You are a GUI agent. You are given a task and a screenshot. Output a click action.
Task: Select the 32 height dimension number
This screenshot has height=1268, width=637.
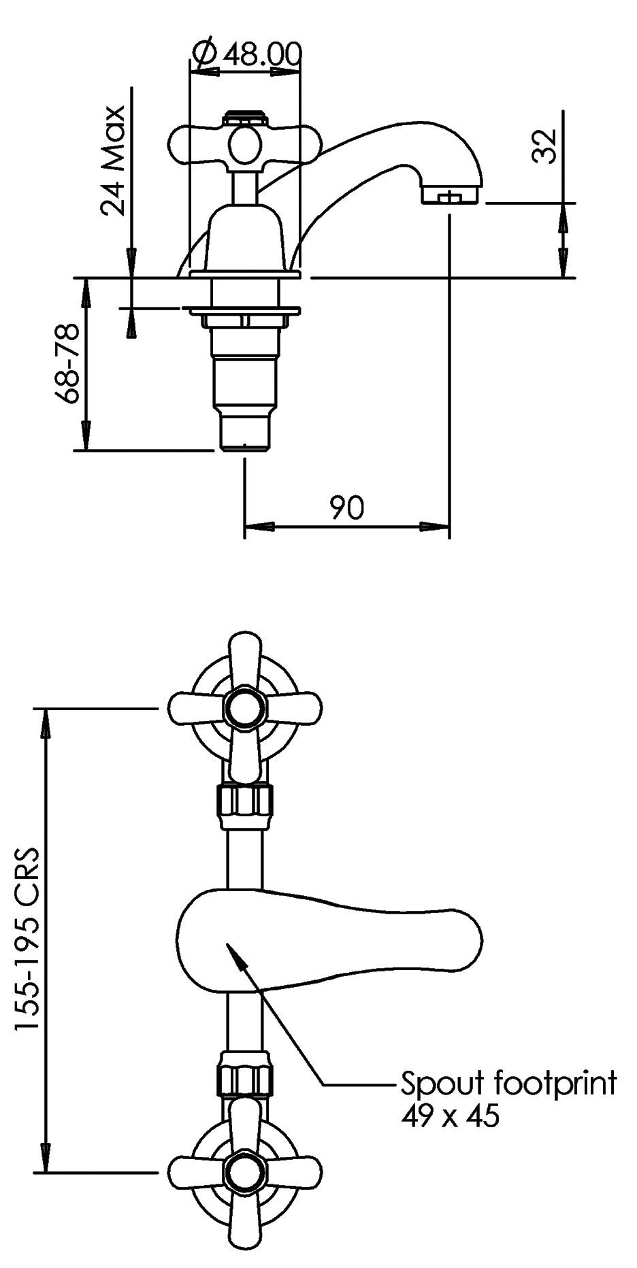tap(544, 146)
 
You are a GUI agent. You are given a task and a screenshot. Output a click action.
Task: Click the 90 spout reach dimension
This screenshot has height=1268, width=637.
tap(347, 507)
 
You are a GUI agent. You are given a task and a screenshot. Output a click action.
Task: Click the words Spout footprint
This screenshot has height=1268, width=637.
tap(508, 1082)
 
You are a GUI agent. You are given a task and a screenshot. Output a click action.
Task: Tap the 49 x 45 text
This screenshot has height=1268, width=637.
tap(450, 1116)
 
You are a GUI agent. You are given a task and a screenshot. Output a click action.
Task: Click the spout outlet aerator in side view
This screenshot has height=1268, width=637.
tap(451, 197)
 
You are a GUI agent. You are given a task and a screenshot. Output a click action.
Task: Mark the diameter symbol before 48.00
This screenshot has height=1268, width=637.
tap(204, 54)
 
